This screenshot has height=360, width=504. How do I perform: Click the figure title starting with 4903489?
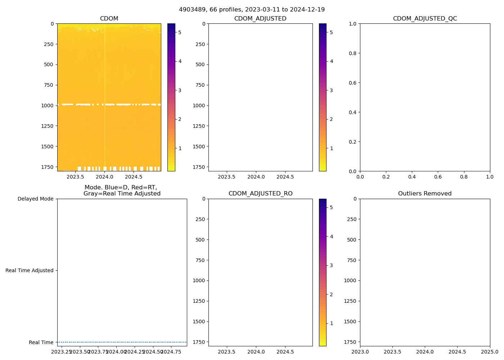pos(252,9)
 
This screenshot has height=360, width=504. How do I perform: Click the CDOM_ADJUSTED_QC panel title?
pos(425,18)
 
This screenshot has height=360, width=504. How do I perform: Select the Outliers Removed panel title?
pos(425,194)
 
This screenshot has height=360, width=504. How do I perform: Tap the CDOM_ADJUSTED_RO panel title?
pos(260,194)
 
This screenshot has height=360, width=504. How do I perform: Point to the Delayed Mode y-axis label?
pos(35,199)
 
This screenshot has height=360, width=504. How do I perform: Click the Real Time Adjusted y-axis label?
pos(30,270)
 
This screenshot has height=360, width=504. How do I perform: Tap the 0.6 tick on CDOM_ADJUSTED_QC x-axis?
pos(438,177)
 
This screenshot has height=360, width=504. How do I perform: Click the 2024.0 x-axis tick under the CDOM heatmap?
pos(105,177)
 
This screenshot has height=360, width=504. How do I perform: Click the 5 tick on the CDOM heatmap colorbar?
pos(180,32)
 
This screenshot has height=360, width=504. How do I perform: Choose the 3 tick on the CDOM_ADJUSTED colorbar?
pos(331,90)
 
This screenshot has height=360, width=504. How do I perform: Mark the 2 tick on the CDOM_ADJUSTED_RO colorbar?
pos(331,294)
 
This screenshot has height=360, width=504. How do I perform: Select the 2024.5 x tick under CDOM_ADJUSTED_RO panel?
pos(285,352)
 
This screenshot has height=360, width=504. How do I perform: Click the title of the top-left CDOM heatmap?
pos(109,18)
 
